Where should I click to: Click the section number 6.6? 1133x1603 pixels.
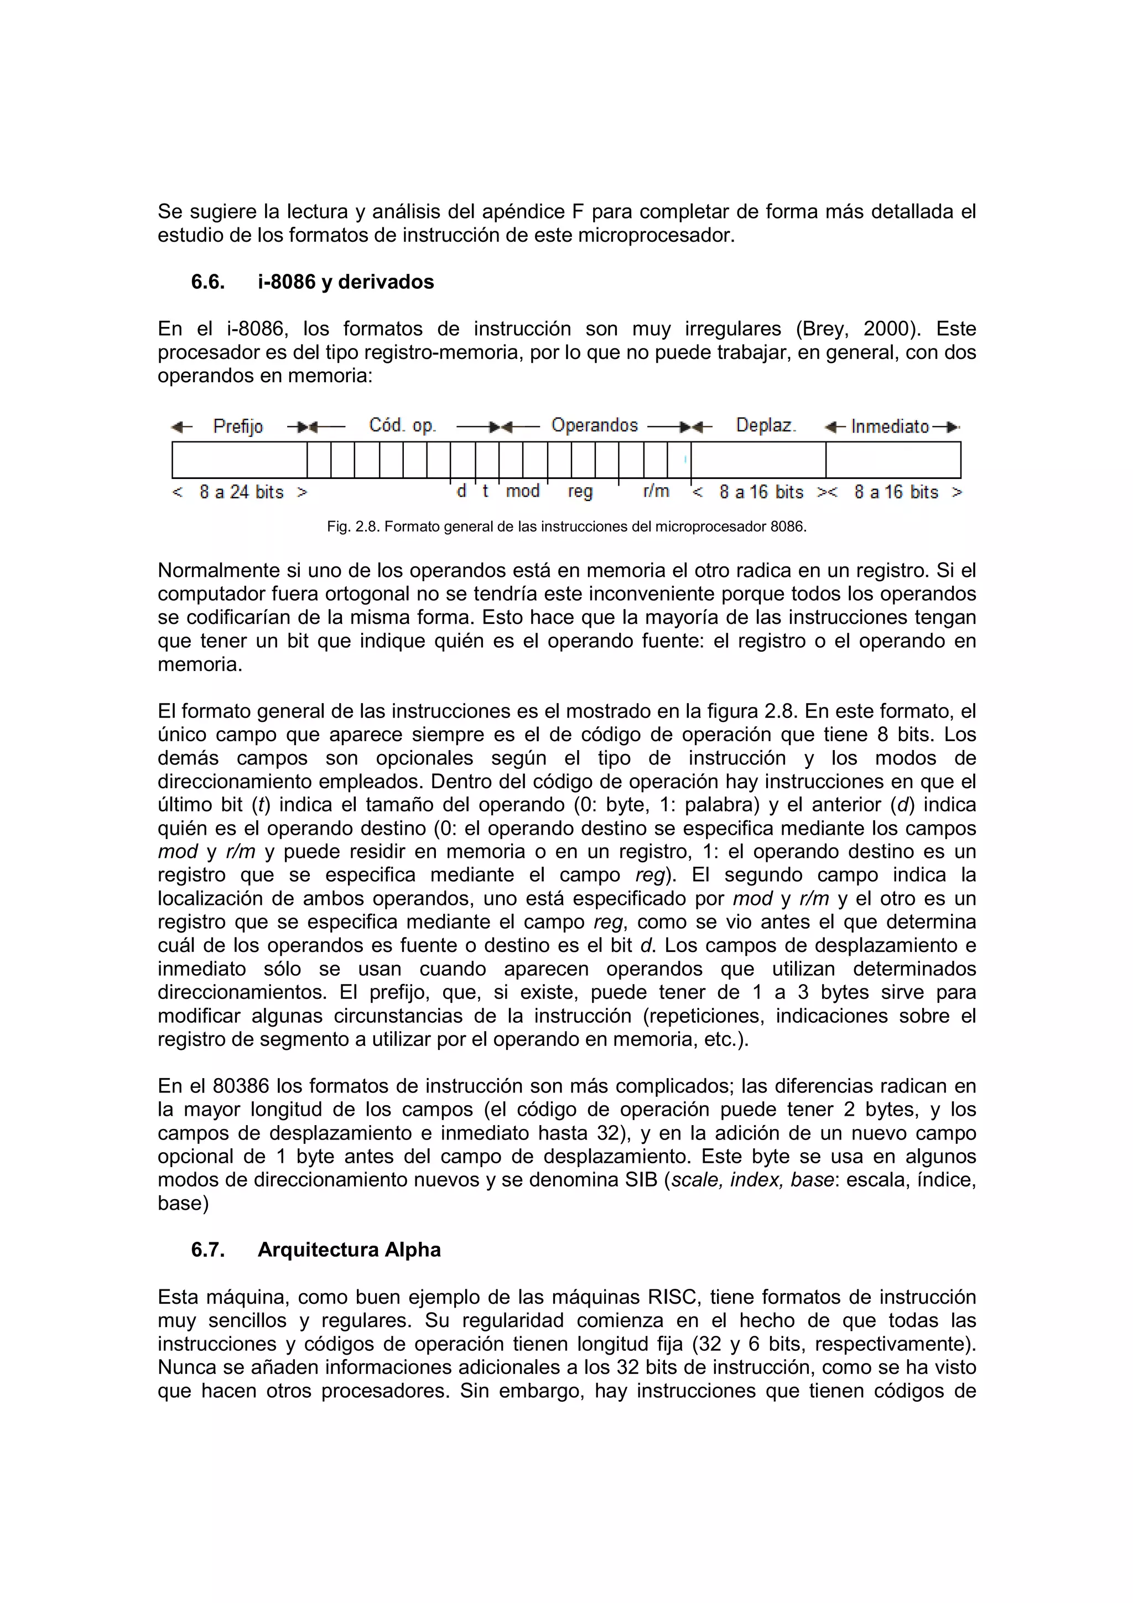click(x=207, y=282)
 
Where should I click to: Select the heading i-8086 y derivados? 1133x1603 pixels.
click(x=346, y=282)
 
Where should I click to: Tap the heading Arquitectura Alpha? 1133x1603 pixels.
click(x=349, y=1250)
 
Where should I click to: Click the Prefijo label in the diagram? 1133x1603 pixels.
click(x=238, y=426)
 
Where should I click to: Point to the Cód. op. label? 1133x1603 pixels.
click(x=402, y=425)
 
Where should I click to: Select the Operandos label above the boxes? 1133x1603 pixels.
click(x=594, y=425)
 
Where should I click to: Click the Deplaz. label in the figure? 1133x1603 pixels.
click(x=766, y=425)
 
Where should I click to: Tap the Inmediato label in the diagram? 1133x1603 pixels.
click(x=890, y=426)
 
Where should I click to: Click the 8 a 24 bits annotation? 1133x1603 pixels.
click(x=241, y=492)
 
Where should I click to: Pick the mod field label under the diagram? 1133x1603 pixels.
click(x=522, y=492)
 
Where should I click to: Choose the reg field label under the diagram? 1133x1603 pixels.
click(x=580, y=492)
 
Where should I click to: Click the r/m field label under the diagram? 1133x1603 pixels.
click(x=656, y=492)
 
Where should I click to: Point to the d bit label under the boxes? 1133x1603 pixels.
click(x=461, y=492)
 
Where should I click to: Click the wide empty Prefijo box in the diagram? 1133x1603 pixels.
click(x=240, y=460)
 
